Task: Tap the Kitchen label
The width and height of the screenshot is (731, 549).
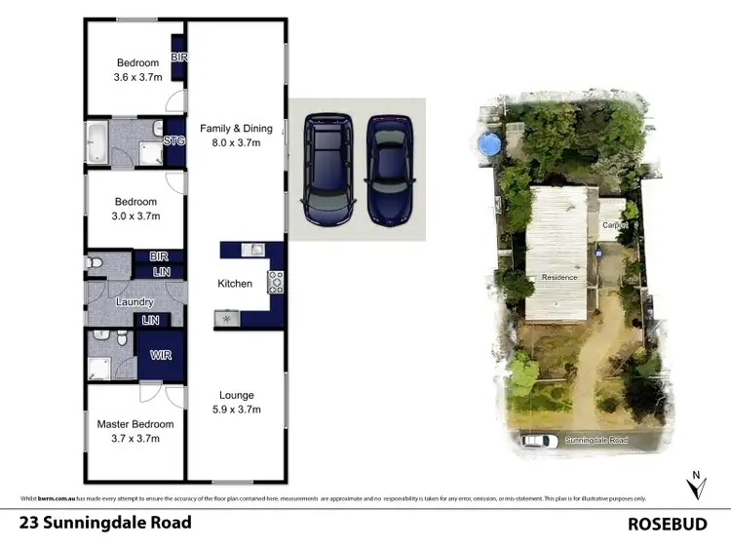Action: tap(235, 284)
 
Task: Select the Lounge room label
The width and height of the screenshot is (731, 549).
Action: tap(236, 395)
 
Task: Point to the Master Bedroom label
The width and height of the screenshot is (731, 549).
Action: tap(135, 424)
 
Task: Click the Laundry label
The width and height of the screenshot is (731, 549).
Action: tap(135, 302)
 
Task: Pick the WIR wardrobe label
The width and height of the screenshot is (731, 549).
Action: tap(161, 356)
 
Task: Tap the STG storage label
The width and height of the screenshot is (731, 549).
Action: tap(174, 141)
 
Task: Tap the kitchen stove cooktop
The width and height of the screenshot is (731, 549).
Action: tap(276, 282)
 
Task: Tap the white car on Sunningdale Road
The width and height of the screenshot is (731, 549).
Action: tap(534, 441)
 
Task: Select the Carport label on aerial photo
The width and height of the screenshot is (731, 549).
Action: tap(614, 225)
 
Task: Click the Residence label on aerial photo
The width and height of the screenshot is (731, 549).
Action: tap(559, 277)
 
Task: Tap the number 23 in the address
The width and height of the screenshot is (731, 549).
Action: tap(29, 523)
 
